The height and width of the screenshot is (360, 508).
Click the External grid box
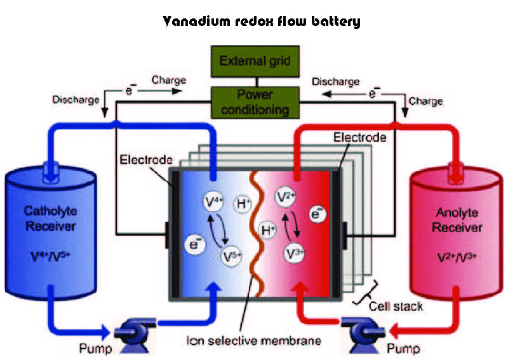tap(255, 62)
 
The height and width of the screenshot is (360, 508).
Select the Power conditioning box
tap(255, 102)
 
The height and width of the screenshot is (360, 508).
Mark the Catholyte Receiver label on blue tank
tap(51, 218)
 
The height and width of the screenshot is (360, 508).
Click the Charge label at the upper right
tap(425, 100)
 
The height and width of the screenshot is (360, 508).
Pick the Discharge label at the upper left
tap(76, 100)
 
